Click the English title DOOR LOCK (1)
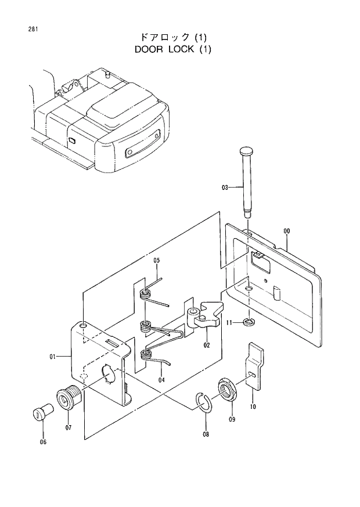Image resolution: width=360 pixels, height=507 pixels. (x=173, y=49)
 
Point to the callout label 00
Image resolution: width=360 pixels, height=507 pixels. (x=286, y=231)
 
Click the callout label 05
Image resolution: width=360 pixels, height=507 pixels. (x=157, y=261)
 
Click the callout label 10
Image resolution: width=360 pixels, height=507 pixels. (x=253, y=408)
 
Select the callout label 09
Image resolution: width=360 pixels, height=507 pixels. (x=232, y=419)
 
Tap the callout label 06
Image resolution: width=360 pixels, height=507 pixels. (x=42, y=442)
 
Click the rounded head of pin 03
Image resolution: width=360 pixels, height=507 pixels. (x=247, y=152)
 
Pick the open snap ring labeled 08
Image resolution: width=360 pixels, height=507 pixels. (x=204, y=403)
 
